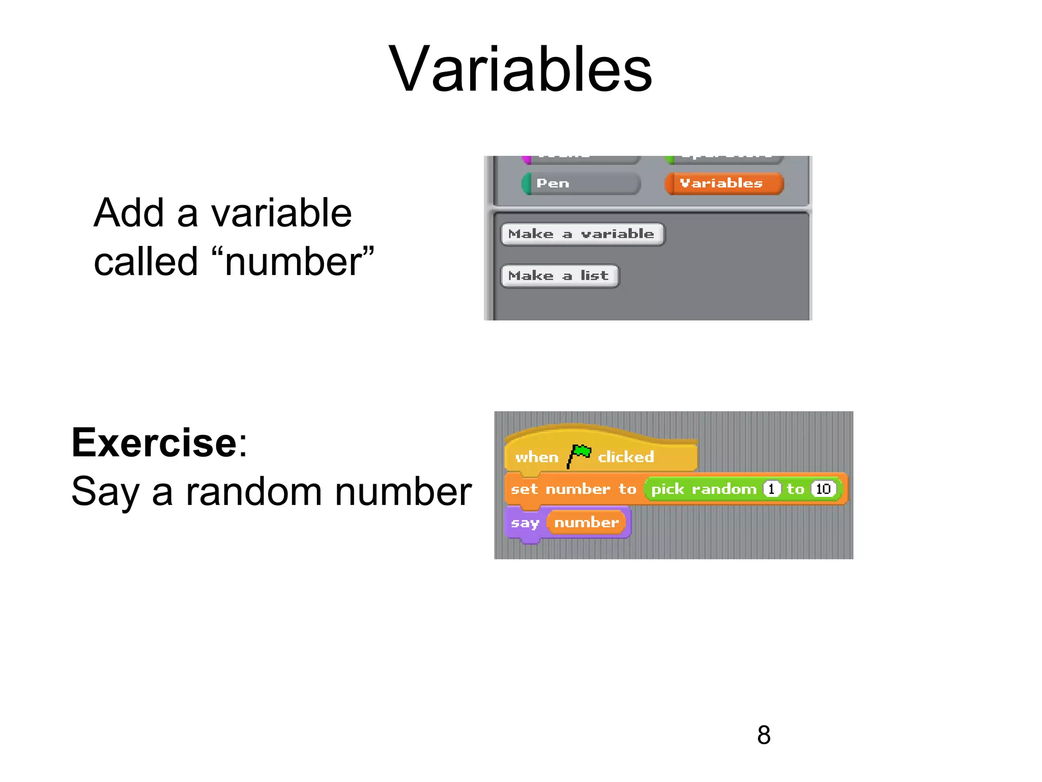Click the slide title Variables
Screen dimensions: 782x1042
[520, 70]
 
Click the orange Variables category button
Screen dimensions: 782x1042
[723, 183]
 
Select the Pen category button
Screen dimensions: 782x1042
[581, 183]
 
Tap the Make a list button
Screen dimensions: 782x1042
[559, 276]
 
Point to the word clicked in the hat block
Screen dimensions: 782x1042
[625, 457]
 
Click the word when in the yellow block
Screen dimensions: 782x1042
[536, 457]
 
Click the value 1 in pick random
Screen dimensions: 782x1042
[771, 489]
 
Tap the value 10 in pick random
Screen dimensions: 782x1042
[823, 489]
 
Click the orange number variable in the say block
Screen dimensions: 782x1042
[586, 522]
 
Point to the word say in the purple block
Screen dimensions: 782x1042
[524, 523]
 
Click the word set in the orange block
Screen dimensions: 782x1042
[524, 489]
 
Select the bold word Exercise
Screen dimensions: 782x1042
[154, 443]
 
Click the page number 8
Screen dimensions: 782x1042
[763, 735]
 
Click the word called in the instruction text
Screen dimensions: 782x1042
[146, 262]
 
